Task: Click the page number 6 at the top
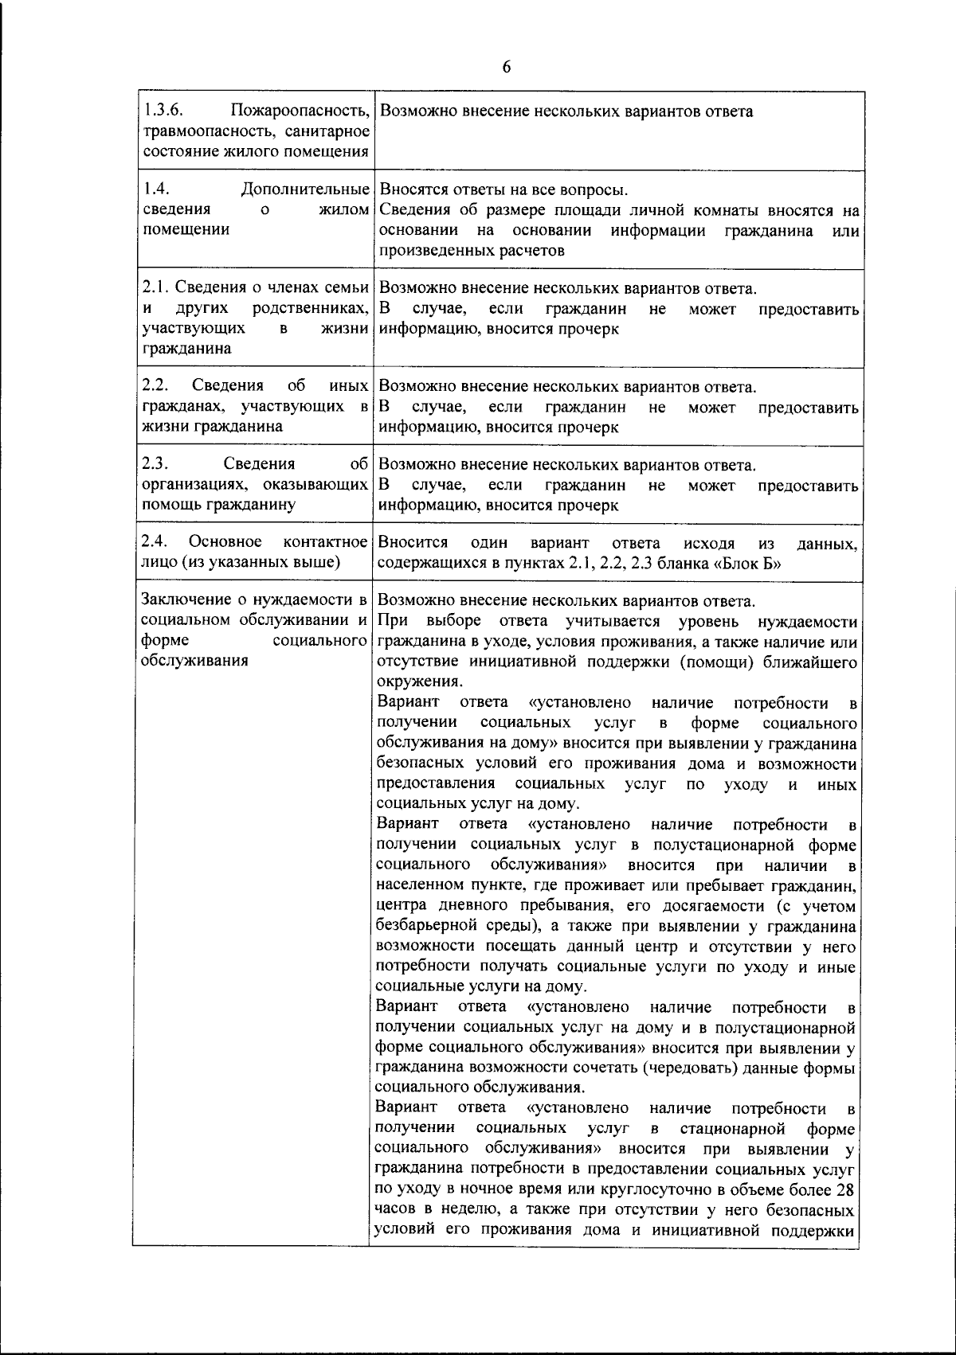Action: tap(507, 68)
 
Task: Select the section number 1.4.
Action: tap(155, 189)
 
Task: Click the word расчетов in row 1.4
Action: tap(525, 251)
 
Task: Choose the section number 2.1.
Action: tap(155, 287)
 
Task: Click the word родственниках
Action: tap(310, 308)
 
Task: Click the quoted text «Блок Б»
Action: tap(747, 564)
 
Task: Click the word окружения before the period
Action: tap(417, 682)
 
